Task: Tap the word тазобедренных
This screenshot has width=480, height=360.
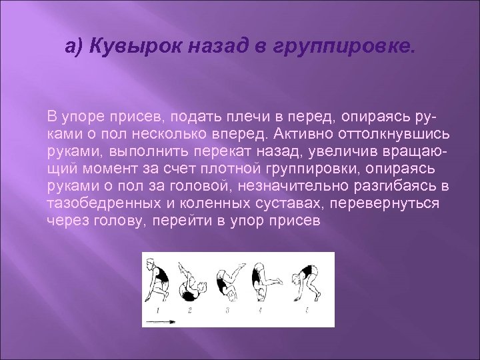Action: [x=98, y=203]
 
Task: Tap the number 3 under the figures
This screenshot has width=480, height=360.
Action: [x=227, y=311]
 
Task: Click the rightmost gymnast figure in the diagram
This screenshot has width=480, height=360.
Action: [x=305, y=280]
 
